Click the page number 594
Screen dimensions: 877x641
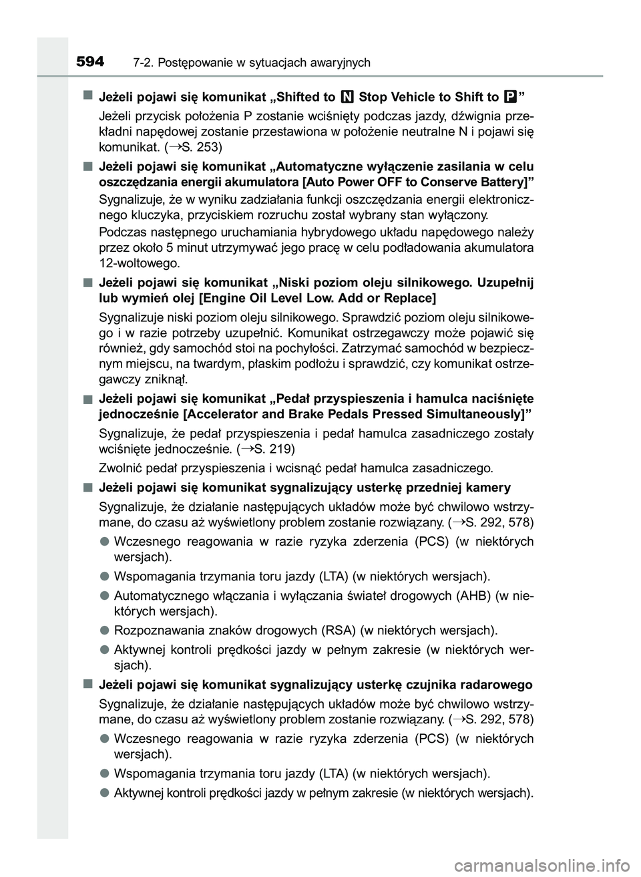90,62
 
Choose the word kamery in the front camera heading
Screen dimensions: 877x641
488,487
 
